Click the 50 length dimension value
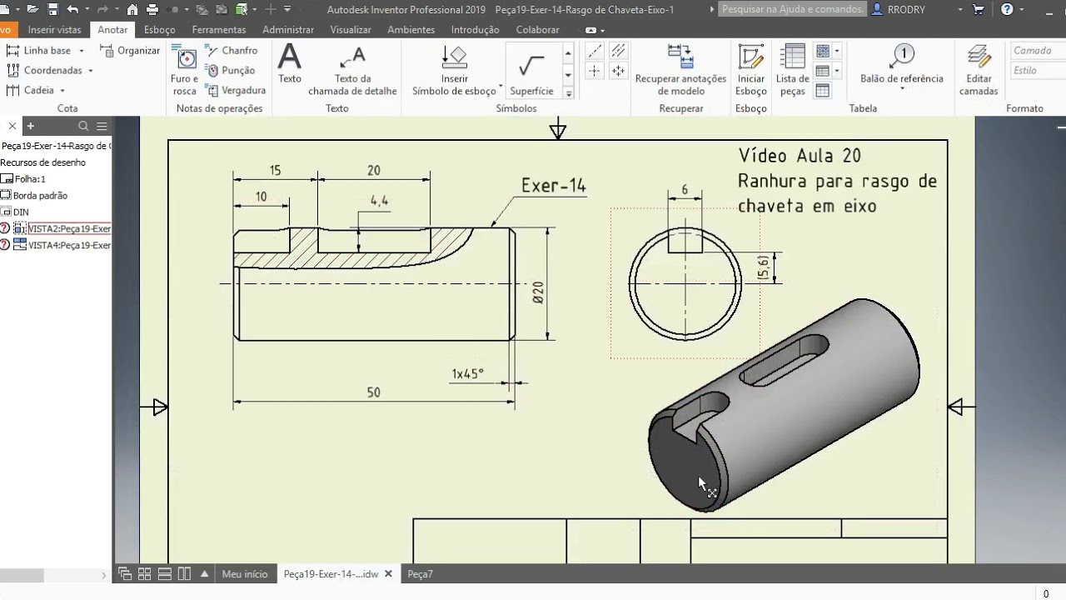point(373,392)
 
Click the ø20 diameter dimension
point(538,292)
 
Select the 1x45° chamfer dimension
point(467,374)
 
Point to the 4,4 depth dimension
point(379,201)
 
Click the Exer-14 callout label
point(554,186)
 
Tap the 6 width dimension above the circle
point(685,190)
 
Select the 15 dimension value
point(275,170)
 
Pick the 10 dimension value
point(261,197)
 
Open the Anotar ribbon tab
point(112,29)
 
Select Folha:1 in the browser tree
point(30,179)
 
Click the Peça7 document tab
point(420,574)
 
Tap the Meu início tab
point(245,574)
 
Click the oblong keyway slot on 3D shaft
point(784,360)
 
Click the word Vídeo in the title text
point(764,156)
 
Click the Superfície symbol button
point(531,71)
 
